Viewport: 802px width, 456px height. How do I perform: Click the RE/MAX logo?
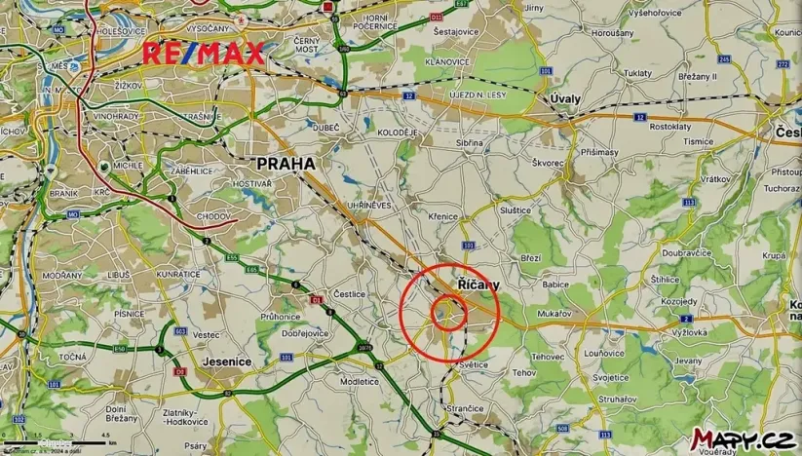pyautogui.click(x=205, y=53)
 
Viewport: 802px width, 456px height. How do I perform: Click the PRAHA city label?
pyautogui.click(x=285, y=164)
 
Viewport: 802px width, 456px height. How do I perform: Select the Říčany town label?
pyautogui.click(x=478, y=285)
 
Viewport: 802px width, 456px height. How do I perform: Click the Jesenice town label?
pyautogui.click(x=226, y=361)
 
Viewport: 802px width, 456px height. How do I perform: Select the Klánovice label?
pyautogui.click(x=448, y=60)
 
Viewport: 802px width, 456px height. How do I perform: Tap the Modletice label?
pyautogui.click(x=360, y=381)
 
